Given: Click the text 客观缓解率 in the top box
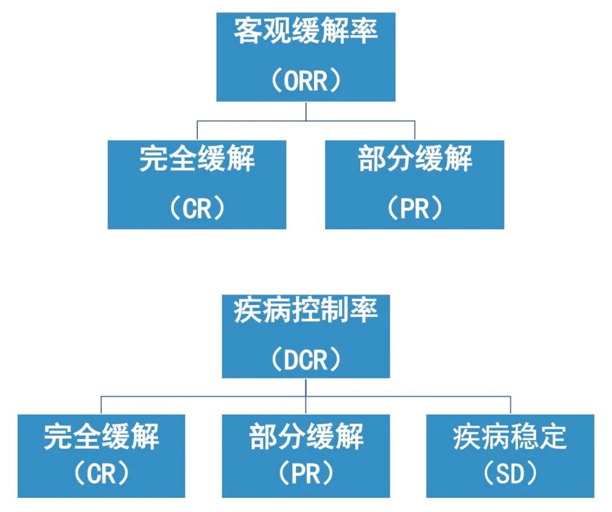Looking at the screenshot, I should pos(305,31).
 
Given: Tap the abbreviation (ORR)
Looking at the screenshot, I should pos(305,81).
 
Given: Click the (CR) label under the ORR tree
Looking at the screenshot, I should pos(197,209).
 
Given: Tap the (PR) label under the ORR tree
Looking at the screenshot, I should pos(415,209).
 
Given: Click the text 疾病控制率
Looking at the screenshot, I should pos(305,311).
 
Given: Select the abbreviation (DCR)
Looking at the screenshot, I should pos(305,359).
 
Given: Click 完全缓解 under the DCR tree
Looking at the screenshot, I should pos(101,438).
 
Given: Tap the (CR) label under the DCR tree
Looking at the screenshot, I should pos(101,475).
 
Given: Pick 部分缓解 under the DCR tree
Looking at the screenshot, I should pos(305,438).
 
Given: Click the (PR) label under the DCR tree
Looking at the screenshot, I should pos(305,475).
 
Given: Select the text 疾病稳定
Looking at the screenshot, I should pos(510,438).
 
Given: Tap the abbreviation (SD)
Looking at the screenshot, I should pos(510,475).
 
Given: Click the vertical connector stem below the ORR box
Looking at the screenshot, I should pos(306,111).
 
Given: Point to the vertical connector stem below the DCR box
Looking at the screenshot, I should pos(306,387).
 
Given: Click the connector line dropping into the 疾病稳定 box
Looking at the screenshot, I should pos(511,406).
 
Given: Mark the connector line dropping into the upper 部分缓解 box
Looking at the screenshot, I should pos(415,131).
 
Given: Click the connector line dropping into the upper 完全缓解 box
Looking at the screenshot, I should pos(197,131).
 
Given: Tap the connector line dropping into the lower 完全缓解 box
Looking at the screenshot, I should pos(101,406).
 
